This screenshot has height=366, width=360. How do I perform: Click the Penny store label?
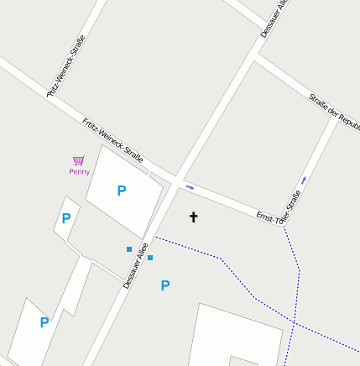coord(79,172)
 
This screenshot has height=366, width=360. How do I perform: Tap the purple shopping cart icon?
coord(79,159)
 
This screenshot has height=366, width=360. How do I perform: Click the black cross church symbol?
coord(193,217)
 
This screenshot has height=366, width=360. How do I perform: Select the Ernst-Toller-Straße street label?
coord(279,207)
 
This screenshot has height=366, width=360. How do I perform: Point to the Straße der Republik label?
coord(334,109)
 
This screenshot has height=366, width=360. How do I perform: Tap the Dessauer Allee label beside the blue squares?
coord(135,266)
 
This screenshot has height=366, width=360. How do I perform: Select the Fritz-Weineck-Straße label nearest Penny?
coord(113,139)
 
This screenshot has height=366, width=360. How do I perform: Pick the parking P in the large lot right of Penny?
coord(122,191)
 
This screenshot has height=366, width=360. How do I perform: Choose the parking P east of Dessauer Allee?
coord(165,285)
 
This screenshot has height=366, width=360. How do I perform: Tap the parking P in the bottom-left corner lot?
coord(44,322)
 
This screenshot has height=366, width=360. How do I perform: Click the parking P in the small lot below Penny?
coord(65,219)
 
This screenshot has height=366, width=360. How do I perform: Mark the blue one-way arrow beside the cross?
coord(190,186)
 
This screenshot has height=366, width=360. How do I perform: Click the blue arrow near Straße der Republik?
coord(303,180)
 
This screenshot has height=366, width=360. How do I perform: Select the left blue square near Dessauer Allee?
coord(129,249)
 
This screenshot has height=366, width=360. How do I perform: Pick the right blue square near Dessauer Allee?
coord(150,258)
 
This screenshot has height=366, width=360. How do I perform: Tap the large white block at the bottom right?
coord(235,336)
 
